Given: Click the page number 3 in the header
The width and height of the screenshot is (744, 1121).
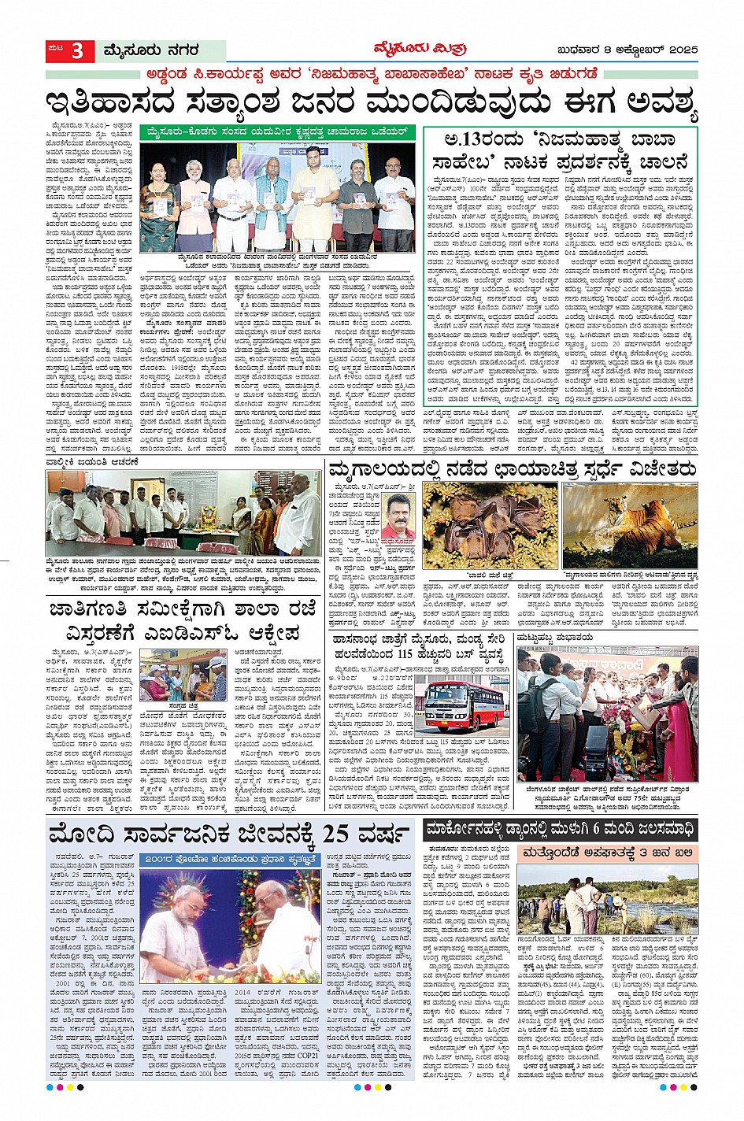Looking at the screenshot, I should tap(77, 52).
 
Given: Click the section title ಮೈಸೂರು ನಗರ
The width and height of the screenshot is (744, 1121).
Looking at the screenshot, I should tap(150, 52).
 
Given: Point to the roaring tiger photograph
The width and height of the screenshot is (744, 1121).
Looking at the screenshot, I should tap(630, 525).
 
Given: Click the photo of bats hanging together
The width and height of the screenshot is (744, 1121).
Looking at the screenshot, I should tap(489, 525).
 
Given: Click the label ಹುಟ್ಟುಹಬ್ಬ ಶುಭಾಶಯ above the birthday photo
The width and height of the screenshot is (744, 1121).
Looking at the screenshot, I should tap(556, 638).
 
